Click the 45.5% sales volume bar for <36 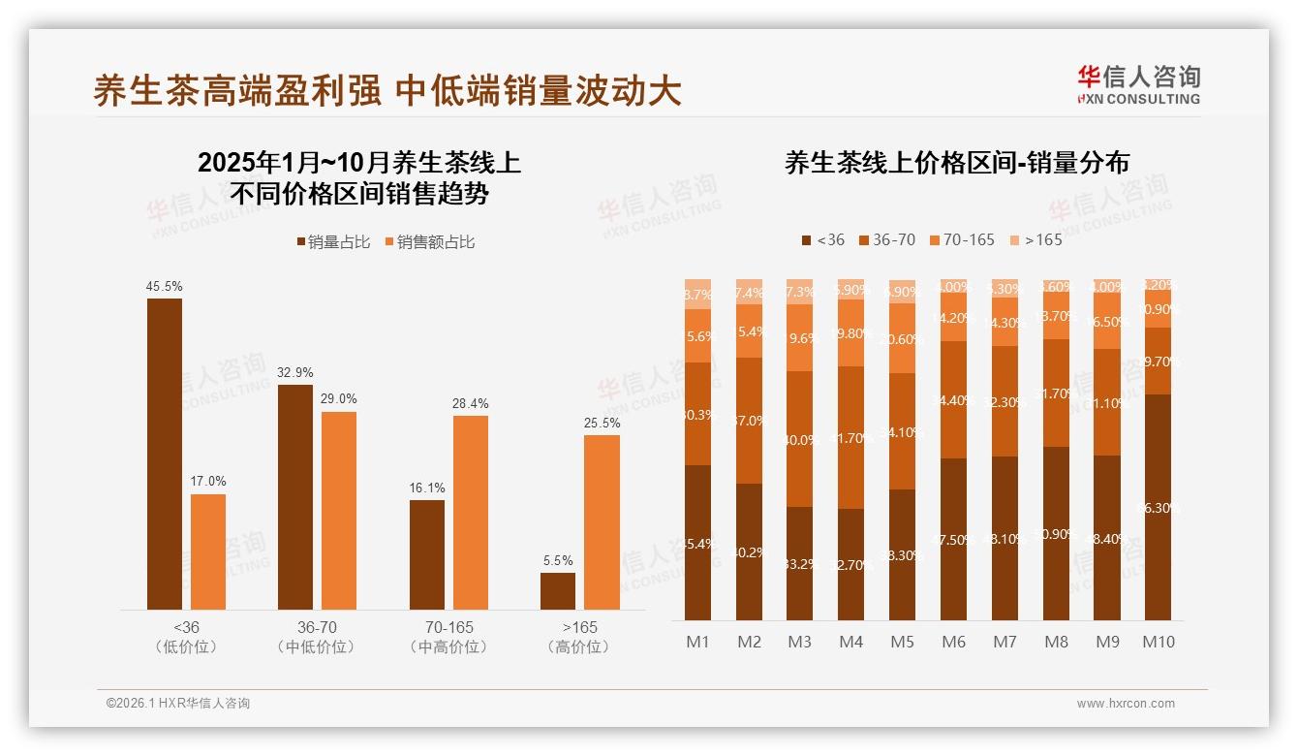coord(165,454)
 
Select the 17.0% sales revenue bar coord(208,551)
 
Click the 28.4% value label coord(471,403)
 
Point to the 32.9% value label coord(295,372)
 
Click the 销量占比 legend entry coord(332,242)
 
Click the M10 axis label coord(1159,642)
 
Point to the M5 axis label coord(902,642)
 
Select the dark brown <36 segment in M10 coord(1159,507)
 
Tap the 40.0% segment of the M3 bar coord(800,438)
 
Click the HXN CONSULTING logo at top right coord(1139,84)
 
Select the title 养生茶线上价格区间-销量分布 coord(957,163)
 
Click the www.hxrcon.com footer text coord(1126,704)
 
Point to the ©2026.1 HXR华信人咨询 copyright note coord(178,704)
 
